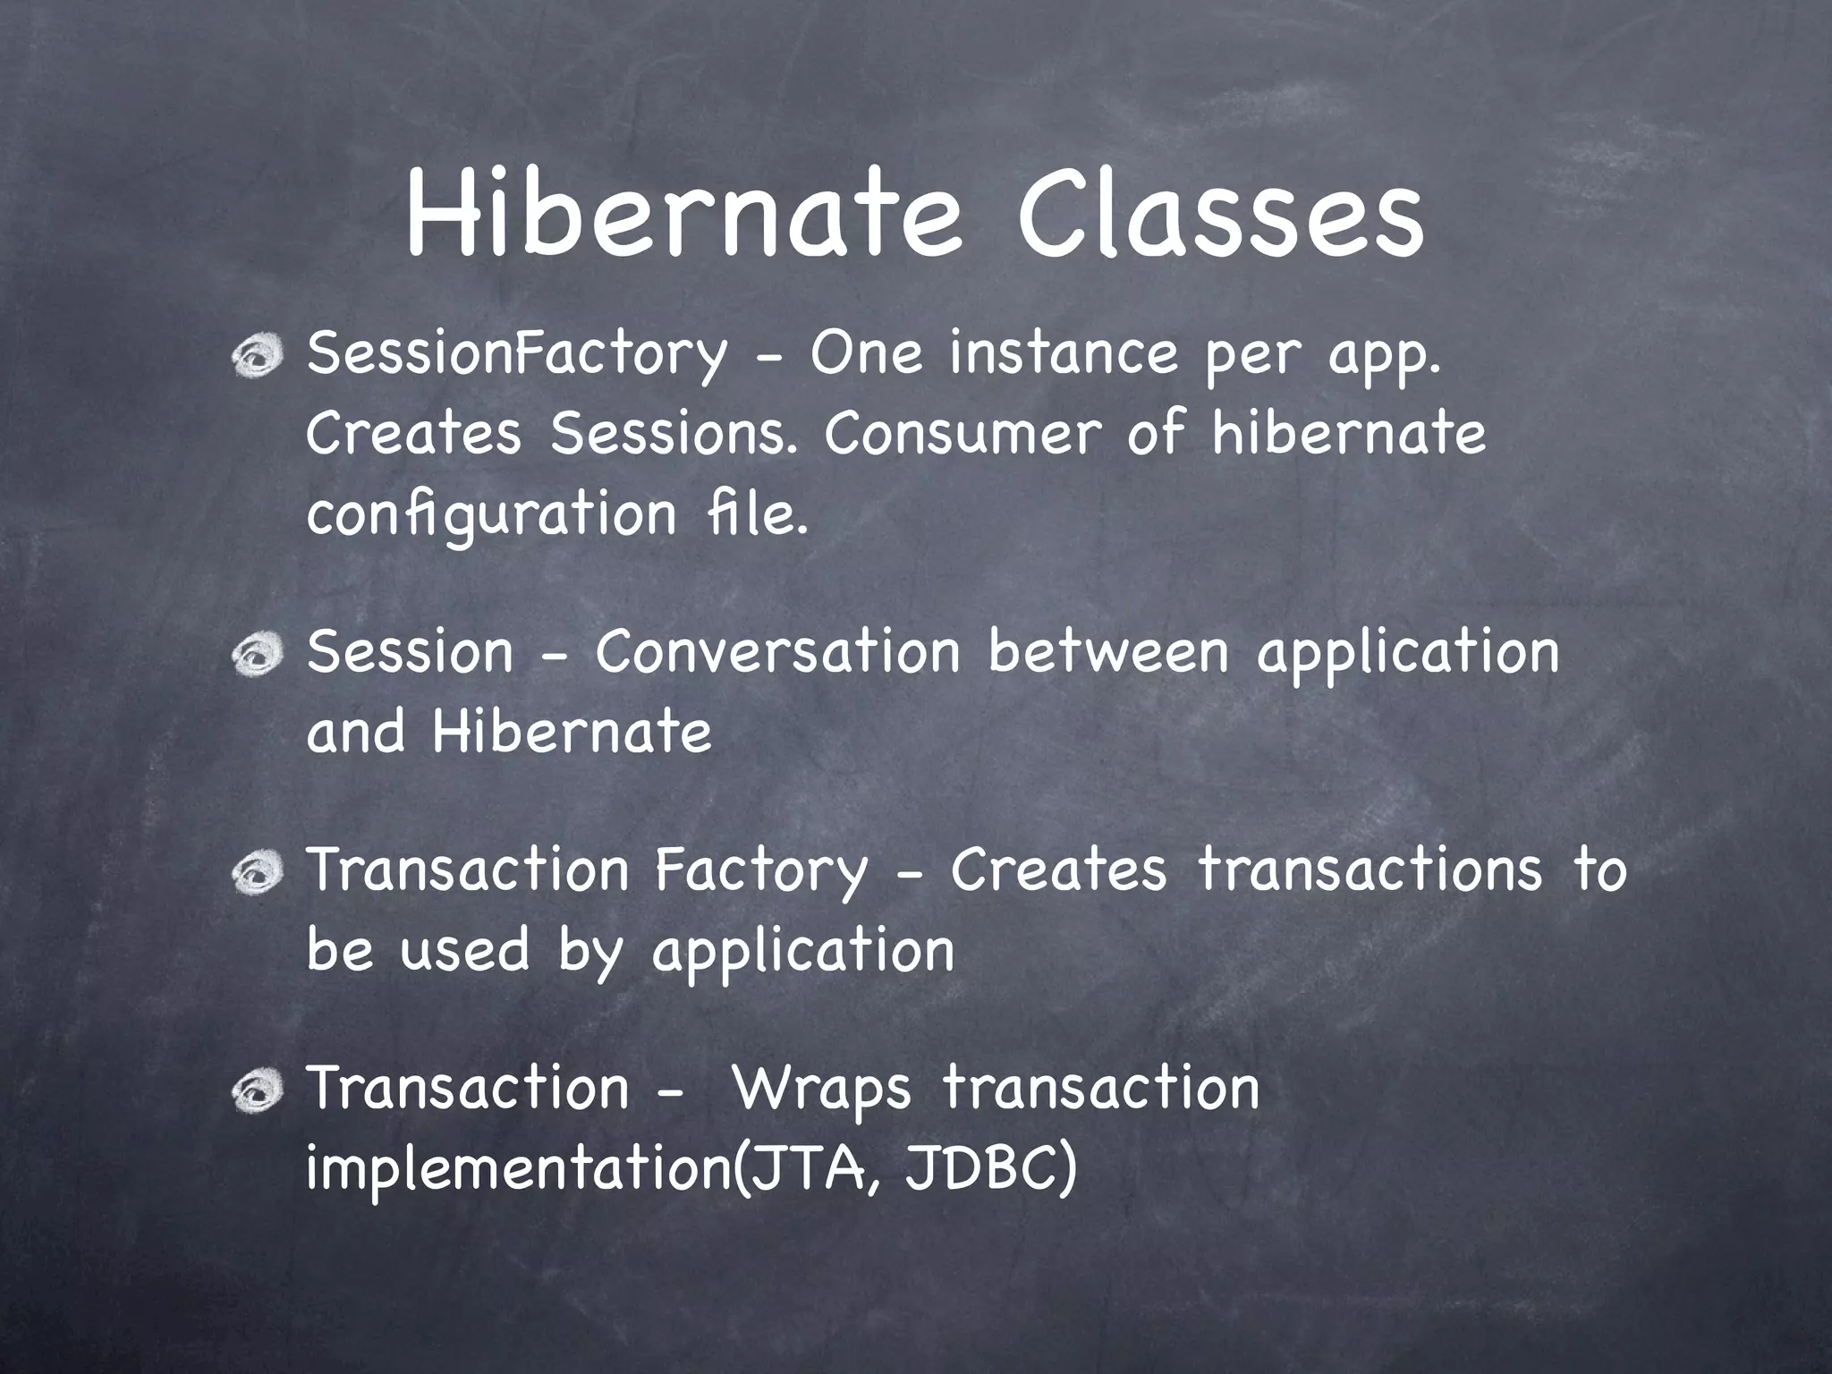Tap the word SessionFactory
517,354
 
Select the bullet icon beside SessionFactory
257,358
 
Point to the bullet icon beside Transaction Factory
257,873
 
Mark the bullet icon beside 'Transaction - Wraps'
257,1091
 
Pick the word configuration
491,516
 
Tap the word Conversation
777,652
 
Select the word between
1108,652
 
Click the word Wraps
821,1090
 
